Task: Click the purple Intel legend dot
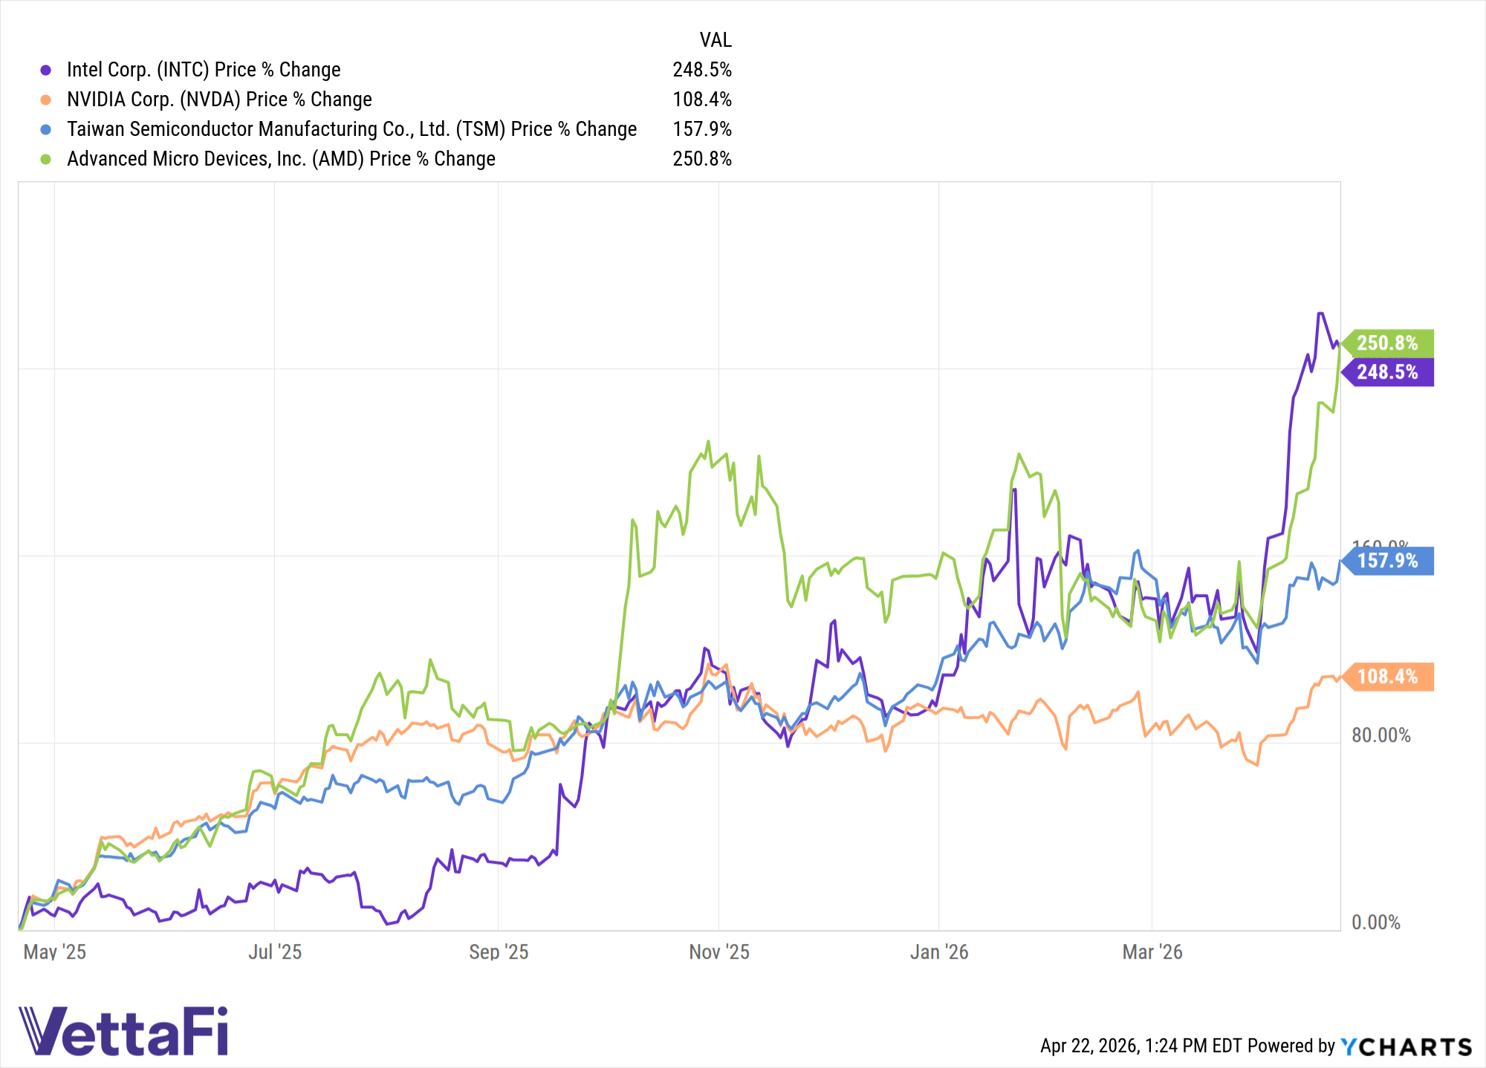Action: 46,70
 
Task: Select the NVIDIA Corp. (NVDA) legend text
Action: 219,100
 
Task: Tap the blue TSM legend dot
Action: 46,129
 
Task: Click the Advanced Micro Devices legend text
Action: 281,159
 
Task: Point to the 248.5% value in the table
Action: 702,70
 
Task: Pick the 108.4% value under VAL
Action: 702,100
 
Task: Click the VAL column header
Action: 716,40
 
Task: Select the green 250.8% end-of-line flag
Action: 1388,343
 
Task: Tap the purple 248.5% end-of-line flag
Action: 1388,372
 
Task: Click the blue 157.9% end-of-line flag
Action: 1388,561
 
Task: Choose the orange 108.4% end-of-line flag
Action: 1388,677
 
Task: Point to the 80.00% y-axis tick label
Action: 1380,735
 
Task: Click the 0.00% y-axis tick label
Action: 1375,922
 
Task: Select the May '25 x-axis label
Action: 55,952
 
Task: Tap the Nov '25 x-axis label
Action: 718,952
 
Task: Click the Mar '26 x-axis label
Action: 1152,952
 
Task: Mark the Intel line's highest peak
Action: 1320,313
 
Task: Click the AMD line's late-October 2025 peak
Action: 708,441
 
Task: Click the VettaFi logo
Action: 123,1032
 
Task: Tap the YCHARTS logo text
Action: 1406,1046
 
